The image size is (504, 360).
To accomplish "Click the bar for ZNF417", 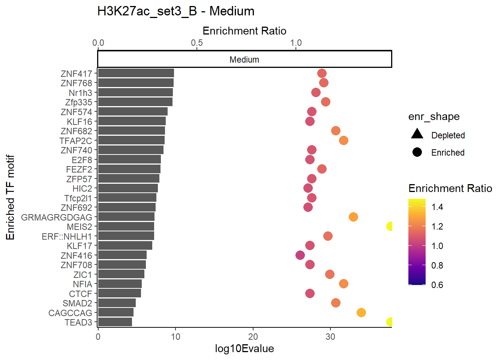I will (136, 73).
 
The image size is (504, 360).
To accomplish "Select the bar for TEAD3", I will (115, 322).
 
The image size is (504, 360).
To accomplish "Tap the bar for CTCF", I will (119, 293).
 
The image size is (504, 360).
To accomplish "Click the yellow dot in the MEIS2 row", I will (390, 226).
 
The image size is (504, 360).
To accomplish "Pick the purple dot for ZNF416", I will (300, 255).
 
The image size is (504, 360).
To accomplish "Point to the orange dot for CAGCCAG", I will (361, 312).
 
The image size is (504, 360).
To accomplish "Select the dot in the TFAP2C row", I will (343, 140).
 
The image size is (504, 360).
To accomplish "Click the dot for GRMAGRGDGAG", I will (353, 217).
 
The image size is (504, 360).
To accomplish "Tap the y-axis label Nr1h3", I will (80, 93).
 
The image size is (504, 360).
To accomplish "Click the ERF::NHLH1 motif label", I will (67, 237).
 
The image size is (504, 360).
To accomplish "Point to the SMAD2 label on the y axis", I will (77, 303).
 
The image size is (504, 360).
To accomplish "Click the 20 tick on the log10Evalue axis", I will (253, 337).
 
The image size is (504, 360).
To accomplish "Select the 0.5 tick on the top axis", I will (197, 43).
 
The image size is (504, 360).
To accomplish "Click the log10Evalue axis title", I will (244, 349).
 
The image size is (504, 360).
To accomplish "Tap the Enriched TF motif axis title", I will (10, 197).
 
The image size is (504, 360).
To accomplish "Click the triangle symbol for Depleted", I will (417, 134).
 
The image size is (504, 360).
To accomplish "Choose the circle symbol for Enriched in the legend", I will (417, 152).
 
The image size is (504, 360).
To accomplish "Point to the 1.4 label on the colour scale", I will (437, 207).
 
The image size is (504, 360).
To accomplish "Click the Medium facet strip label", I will (244, 60).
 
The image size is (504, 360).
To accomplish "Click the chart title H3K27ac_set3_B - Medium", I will (176, 11).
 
